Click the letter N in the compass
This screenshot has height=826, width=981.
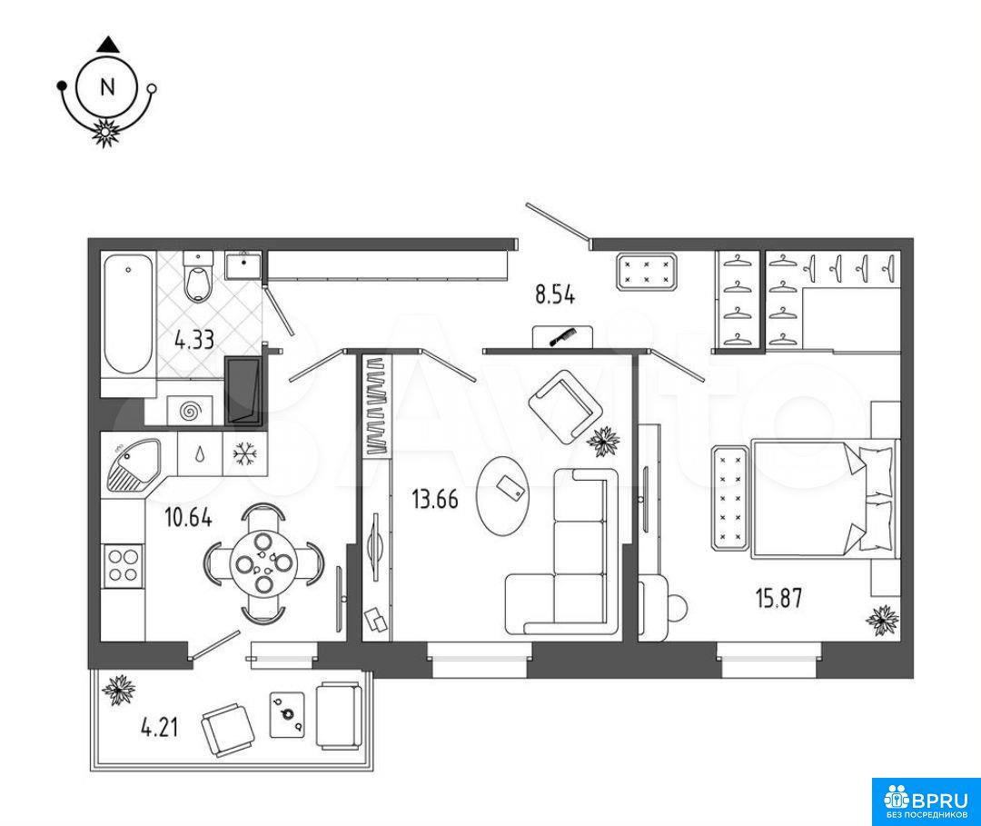click(107, 86)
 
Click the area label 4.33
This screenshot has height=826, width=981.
click(194, 341)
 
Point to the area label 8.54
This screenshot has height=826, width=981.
click(555, 294)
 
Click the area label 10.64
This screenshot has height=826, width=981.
click(188, 518)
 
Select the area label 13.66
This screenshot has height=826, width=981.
click(435, 500)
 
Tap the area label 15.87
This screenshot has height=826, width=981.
click(779, 598)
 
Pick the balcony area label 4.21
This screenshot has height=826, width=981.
click(160, 728)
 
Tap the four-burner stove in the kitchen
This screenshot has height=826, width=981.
click(123, 565)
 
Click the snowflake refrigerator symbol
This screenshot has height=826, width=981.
click(244, 453)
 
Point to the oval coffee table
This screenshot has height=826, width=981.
click(502, 494)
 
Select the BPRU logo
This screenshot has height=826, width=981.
click(926, 801)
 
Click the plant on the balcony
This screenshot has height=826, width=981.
click(119, 691)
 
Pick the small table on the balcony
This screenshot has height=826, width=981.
click(287, 714)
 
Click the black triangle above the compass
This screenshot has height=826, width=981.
click(107, 45)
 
